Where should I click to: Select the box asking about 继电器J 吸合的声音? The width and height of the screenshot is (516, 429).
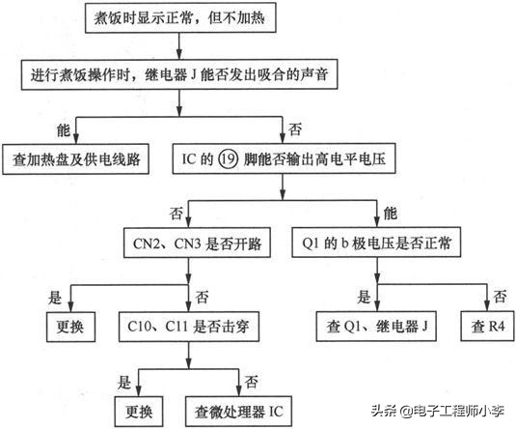click(x=174, y=72)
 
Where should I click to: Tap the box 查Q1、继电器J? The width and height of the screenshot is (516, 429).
click(x=377, y=326)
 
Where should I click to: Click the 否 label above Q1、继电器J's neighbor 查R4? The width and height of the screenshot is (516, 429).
click(x=499, y=295)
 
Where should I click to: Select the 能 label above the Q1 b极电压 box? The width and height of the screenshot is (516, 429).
click(x=390, y=211)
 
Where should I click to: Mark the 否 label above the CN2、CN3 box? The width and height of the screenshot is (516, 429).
click(x=176, y=211)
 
